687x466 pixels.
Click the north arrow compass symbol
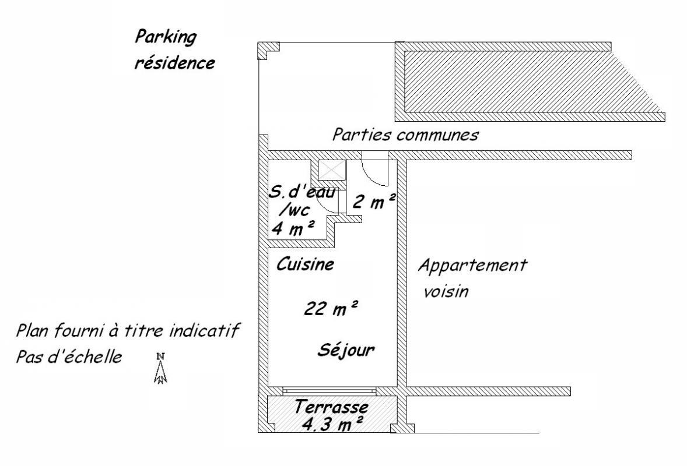161,368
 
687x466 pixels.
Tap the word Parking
166,38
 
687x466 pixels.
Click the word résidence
174,63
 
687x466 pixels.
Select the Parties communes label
405,135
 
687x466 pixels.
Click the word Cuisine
305,264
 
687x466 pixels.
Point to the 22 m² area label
331,308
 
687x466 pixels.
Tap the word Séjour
346,350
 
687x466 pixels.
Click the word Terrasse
331,407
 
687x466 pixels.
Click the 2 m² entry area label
374,202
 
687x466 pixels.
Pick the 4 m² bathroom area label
293,228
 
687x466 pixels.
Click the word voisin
446,291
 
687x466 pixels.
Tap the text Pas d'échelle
69,357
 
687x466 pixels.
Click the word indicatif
204,330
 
